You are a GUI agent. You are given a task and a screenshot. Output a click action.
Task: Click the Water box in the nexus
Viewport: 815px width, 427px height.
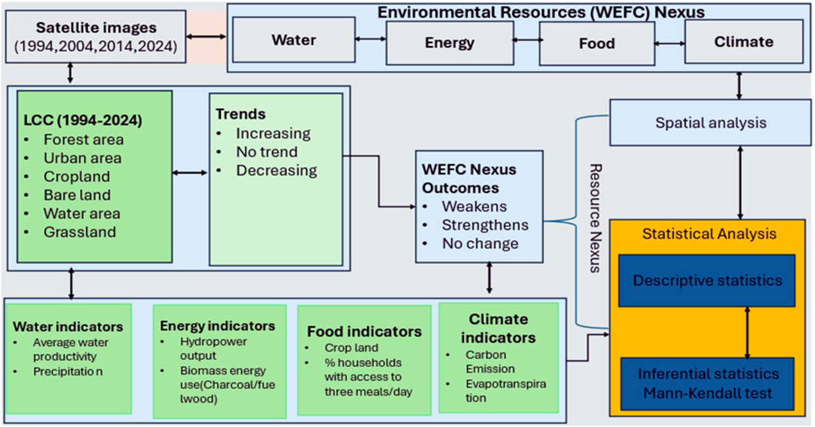click(293, 41)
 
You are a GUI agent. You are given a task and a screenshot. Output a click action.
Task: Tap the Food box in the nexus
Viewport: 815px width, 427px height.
click(596, 43)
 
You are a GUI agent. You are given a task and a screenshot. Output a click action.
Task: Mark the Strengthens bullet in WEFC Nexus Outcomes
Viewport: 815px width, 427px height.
click(485, 225)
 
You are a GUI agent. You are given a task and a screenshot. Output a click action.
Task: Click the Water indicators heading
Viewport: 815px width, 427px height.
click(68, 325)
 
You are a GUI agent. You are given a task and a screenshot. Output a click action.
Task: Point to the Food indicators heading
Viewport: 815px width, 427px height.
click(364, 332)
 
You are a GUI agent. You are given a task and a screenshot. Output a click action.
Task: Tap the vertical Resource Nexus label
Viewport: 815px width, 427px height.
click(594, 218)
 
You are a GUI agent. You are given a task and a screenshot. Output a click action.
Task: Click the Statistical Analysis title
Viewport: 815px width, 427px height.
click(710, 232)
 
